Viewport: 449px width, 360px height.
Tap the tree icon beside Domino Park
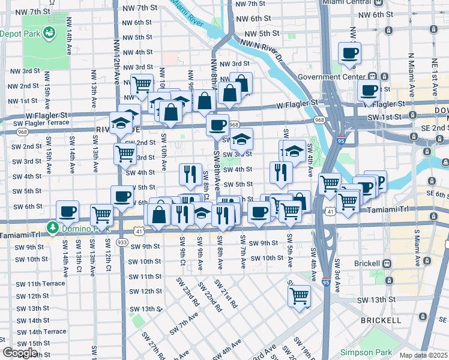[x=53, y=228]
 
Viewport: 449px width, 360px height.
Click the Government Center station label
[x=331, y=77]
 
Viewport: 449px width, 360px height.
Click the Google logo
[x=20, y=353]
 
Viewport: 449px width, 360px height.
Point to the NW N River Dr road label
[x=262, y=50]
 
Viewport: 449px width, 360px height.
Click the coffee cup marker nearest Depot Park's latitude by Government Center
[x=349, y=53]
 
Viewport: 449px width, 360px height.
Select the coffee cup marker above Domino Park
[x=67, y=211]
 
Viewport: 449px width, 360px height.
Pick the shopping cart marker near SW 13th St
[x=298, y=295]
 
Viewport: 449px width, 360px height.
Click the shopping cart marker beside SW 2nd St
[x=124, y=153]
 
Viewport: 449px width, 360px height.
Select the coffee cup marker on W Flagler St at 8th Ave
[x=217, y=125]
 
